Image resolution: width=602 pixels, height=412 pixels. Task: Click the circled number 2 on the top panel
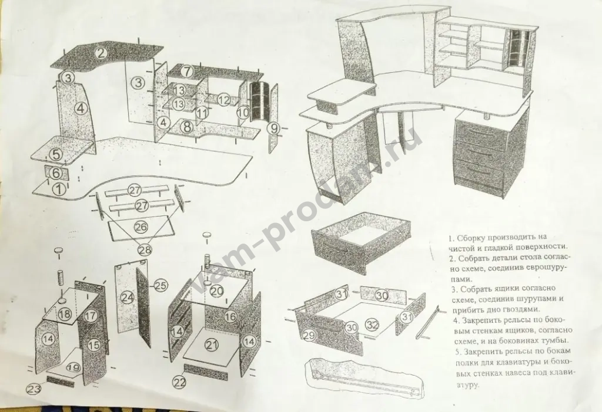pyautogui.click(x=101, y=52)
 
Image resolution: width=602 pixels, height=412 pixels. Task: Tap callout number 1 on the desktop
pyautogui.click(x=59, y=189)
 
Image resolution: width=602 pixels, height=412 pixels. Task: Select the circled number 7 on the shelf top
pyautogui.click(x=186, y=71)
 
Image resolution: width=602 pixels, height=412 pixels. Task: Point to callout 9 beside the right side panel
pyautogui.click(x=273, y=128)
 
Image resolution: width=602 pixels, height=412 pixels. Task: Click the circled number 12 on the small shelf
pyautogui.click(x=223, y=100)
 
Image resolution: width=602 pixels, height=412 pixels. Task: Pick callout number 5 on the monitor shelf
pyautogui.click(x=56, y=154)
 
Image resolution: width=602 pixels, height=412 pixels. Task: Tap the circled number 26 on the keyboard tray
pyautogui.click(x=141, y=227)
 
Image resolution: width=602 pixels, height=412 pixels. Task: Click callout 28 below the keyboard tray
pyautogui.click(x=145, y=250)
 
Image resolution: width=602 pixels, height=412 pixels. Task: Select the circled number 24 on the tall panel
pyautogui.click(x=128, y=297)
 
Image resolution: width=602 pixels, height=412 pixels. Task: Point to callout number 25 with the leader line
pyautogui.click(x=162, y=286)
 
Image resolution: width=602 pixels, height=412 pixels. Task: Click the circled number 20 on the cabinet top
pyautogui.click(x=217, y=291)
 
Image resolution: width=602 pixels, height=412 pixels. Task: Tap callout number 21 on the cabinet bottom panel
pyautogui.click(x=211, y=345)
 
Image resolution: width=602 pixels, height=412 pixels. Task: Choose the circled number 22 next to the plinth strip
pyautogui.click(x=179, y=381)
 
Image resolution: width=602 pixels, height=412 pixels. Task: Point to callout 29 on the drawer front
pyautogui.click(x=309, y=335)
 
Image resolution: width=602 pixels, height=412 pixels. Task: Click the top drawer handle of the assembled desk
pyautogui.click(x=479, y=132)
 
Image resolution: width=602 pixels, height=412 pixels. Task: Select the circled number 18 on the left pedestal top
pyautogui.click(x=65, y=314)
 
